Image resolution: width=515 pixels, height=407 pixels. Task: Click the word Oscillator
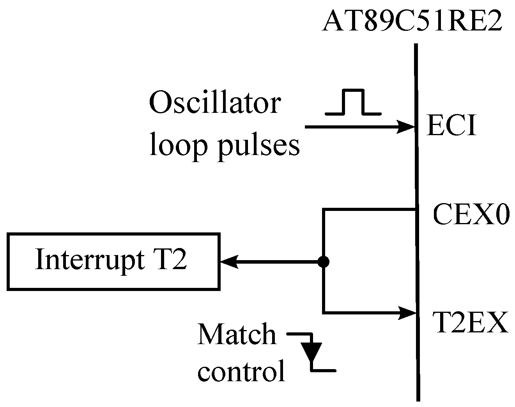pyautogui.click(x=214, y=103)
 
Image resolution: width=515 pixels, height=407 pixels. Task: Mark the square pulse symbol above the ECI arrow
pyautogui.click(x=353, y=102)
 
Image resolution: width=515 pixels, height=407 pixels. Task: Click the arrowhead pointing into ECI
pyautogui.click(x=406, y=127)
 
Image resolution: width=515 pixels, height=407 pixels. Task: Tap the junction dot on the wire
pyautogui.click(x=324, y=262)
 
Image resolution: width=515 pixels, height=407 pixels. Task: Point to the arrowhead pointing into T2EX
pyautogui.click(x=406, y=312)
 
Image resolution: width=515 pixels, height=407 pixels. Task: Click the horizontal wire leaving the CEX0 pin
pyautogui.click(x=368, y=211)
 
